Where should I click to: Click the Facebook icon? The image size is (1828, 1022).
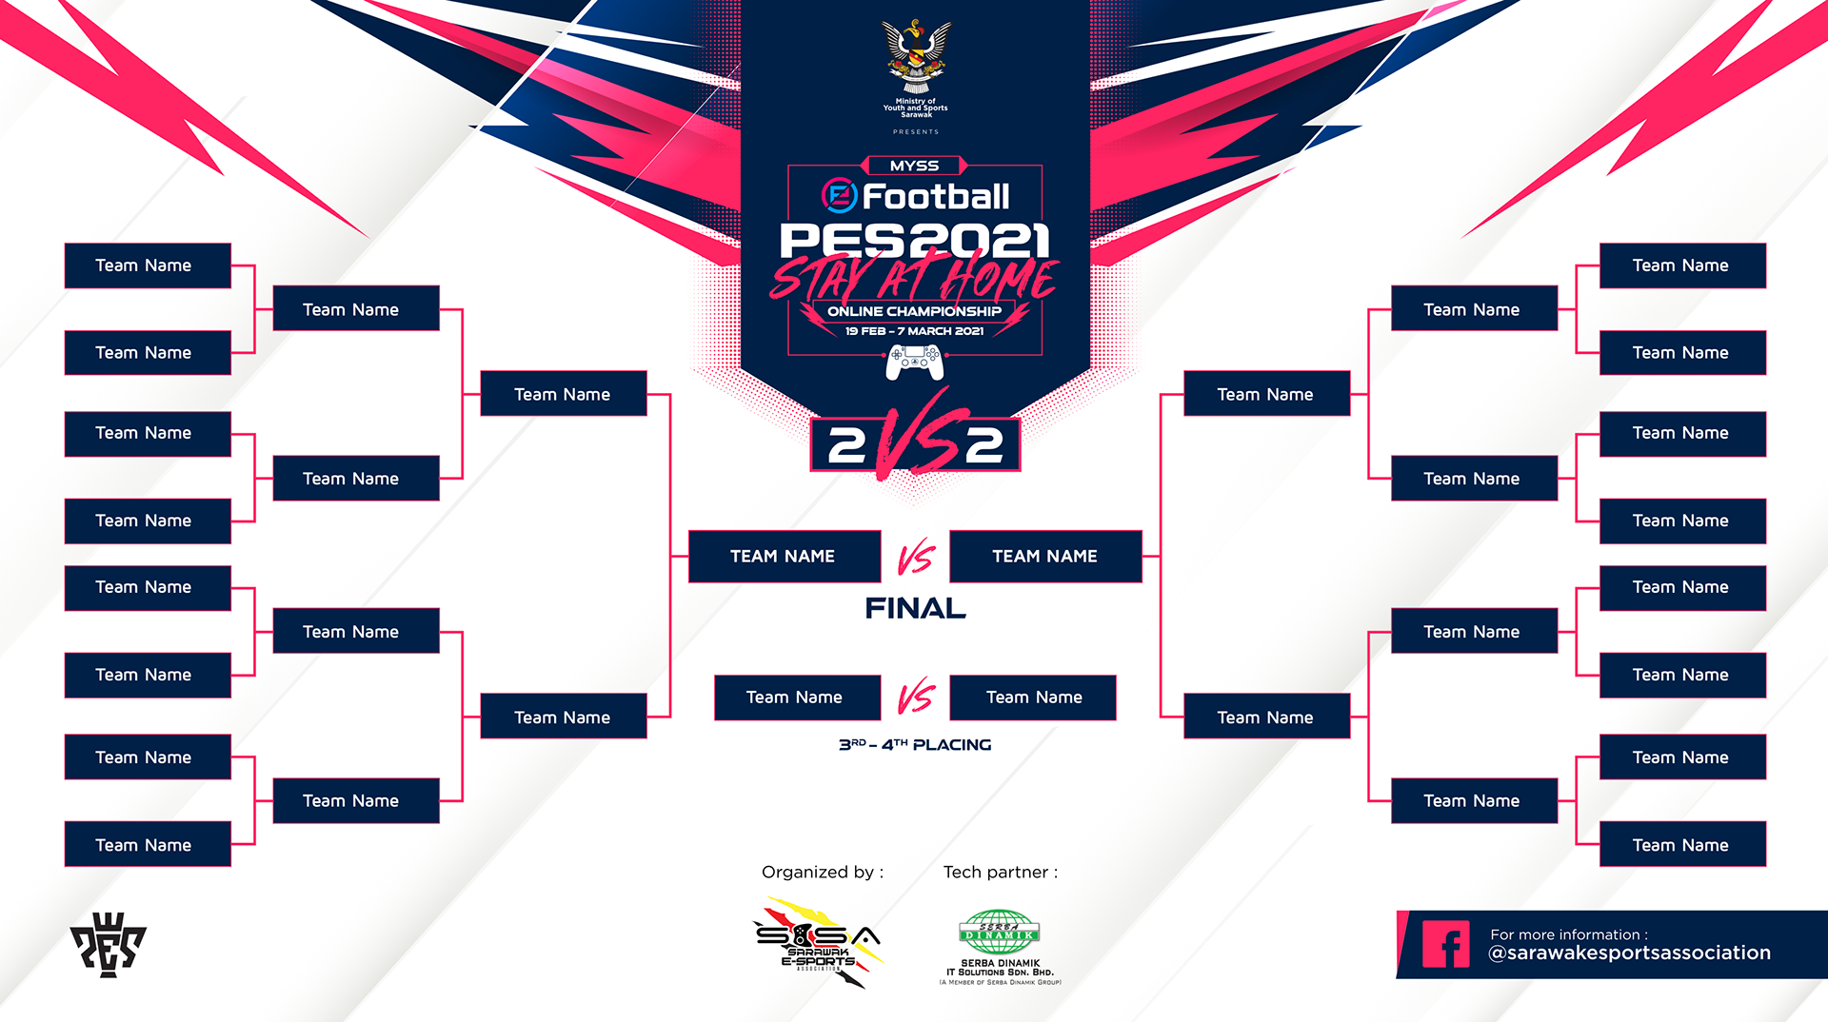pos(1445,944)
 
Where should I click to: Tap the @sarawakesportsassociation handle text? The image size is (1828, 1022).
pos(1629,953)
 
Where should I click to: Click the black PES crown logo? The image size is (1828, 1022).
pos(108,944)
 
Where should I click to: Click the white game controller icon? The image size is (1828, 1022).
pos(914,362)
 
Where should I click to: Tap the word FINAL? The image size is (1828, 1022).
pos(915,608)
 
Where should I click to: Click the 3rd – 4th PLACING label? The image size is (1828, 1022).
pos(915,745)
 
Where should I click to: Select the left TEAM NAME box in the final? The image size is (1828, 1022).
pos(784,556)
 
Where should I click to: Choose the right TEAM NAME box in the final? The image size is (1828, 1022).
pos(1045,556)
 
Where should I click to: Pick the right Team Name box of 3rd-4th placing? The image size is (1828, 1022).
pos(1033,698)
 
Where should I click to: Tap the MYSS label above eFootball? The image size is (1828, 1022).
pos(914,166)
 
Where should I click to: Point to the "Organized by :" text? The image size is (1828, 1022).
pos(823,872)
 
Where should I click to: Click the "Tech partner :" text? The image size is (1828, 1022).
pos(1000,872)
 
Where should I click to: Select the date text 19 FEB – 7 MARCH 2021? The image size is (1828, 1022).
pos(914,331)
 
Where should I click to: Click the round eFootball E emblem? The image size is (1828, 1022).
pos(839,196)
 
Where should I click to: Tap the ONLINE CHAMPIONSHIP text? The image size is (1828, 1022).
pos(914,311)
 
